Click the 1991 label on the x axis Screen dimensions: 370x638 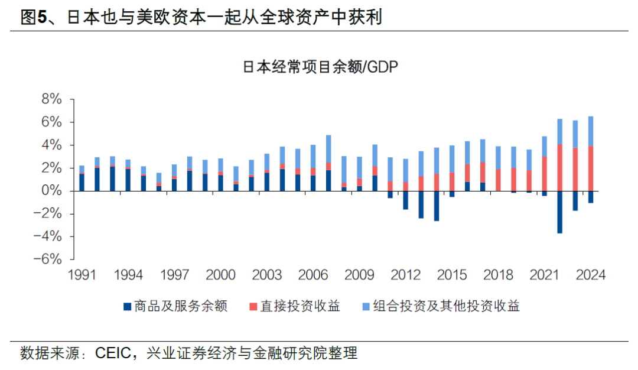tap(82, 275)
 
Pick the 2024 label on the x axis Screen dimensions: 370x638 tap(590, 275)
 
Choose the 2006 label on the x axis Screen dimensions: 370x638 tap(313, 275)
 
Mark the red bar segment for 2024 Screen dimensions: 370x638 tap(590, 168)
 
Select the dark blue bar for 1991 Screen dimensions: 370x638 tap(82, 182)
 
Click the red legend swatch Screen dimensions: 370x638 tap(253, 306)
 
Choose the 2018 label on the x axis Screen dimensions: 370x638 tap(498, 275)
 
